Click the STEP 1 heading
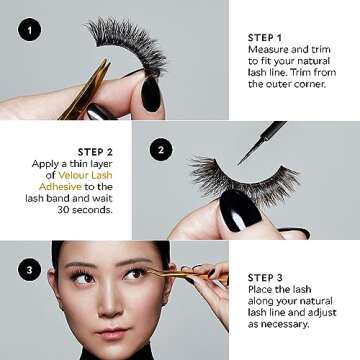pos(265,38)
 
